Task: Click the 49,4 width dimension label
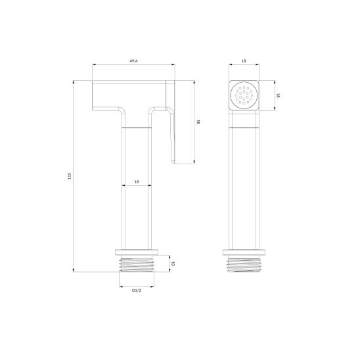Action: click(x=133, y=61)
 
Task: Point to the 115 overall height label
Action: click(x=70, y=176)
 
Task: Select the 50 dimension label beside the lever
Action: click(x=198, y=122)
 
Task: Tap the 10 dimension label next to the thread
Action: click(x=173, y=264)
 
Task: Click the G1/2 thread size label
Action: click(x=137, y=290)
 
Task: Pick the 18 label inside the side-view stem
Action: click(x=137, y=181)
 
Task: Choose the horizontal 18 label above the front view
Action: click(x=244, y=61)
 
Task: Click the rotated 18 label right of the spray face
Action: click(x=278, y=95)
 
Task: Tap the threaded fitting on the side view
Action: click(x=137, y=263)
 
